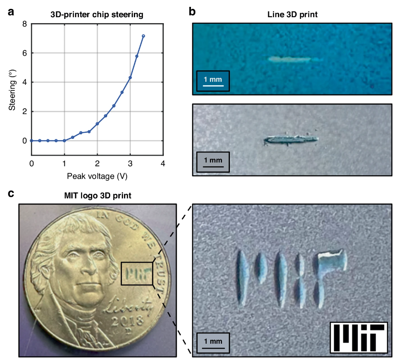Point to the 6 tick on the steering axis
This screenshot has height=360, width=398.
click(x=25, y=53)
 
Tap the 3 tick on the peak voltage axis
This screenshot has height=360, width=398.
click(x=130, y=163)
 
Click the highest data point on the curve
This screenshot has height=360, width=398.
click(x=143, y=36)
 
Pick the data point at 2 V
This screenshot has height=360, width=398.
click(x=97, y=124)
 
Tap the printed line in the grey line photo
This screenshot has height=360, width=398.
click(x=291, y=140)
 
